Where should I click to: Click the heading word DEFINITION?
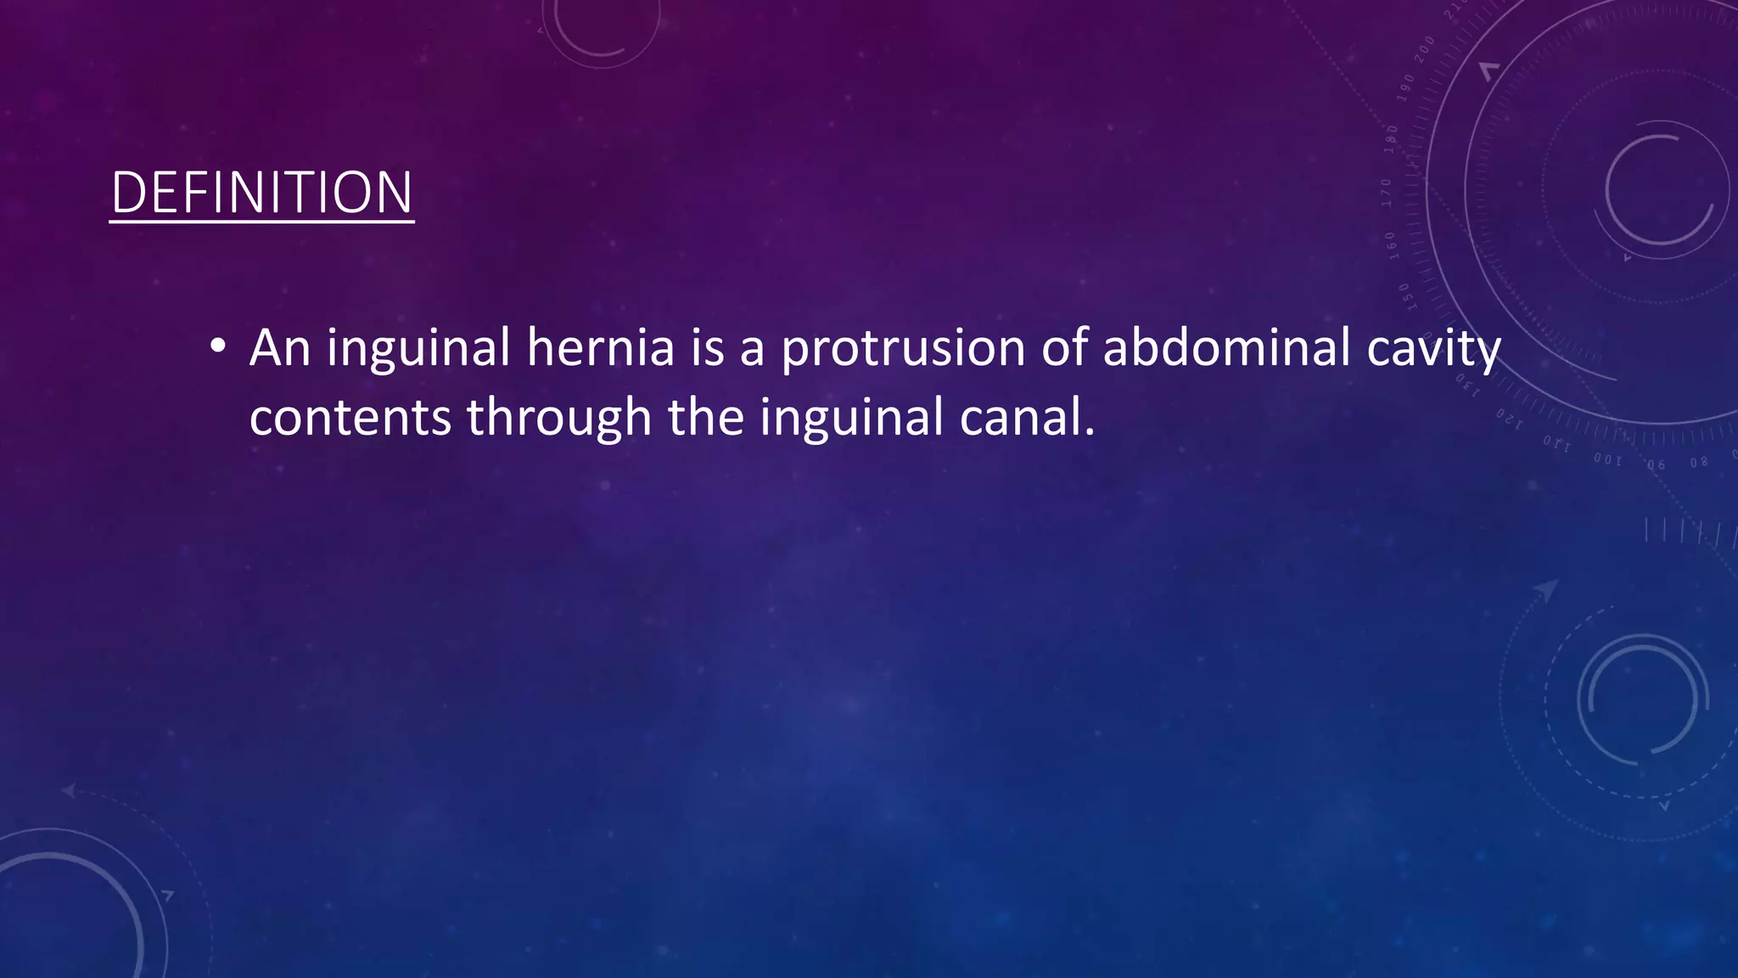261,193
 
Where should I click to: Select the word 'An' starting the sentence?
280,348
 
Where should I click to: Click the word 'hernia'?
600,348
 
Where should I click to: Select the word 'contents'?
350,419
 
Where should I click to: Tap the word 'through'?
558,419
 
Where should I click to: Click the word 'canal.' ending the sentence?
1027,419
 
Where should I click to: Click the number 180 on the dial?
1392,139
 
